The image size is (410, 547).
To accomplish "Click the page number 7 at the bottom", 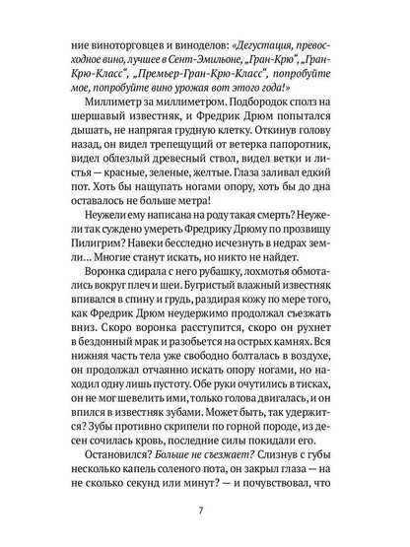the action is (x=205, y=510).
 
